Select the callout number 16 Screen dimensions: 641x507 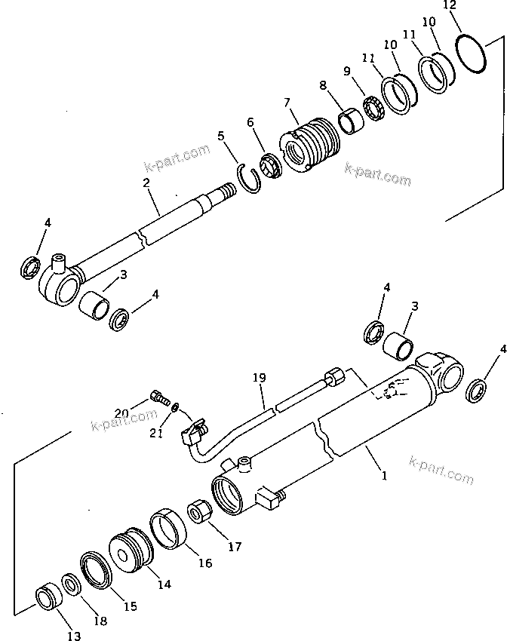click(x=205, y=563)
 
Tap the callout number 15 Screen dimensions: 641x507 click(x=129, y=606)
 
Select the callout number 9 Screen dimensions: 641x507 click(x=347, y=72)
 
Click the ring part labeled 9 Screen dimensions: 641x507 click(x=373, y=106)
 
